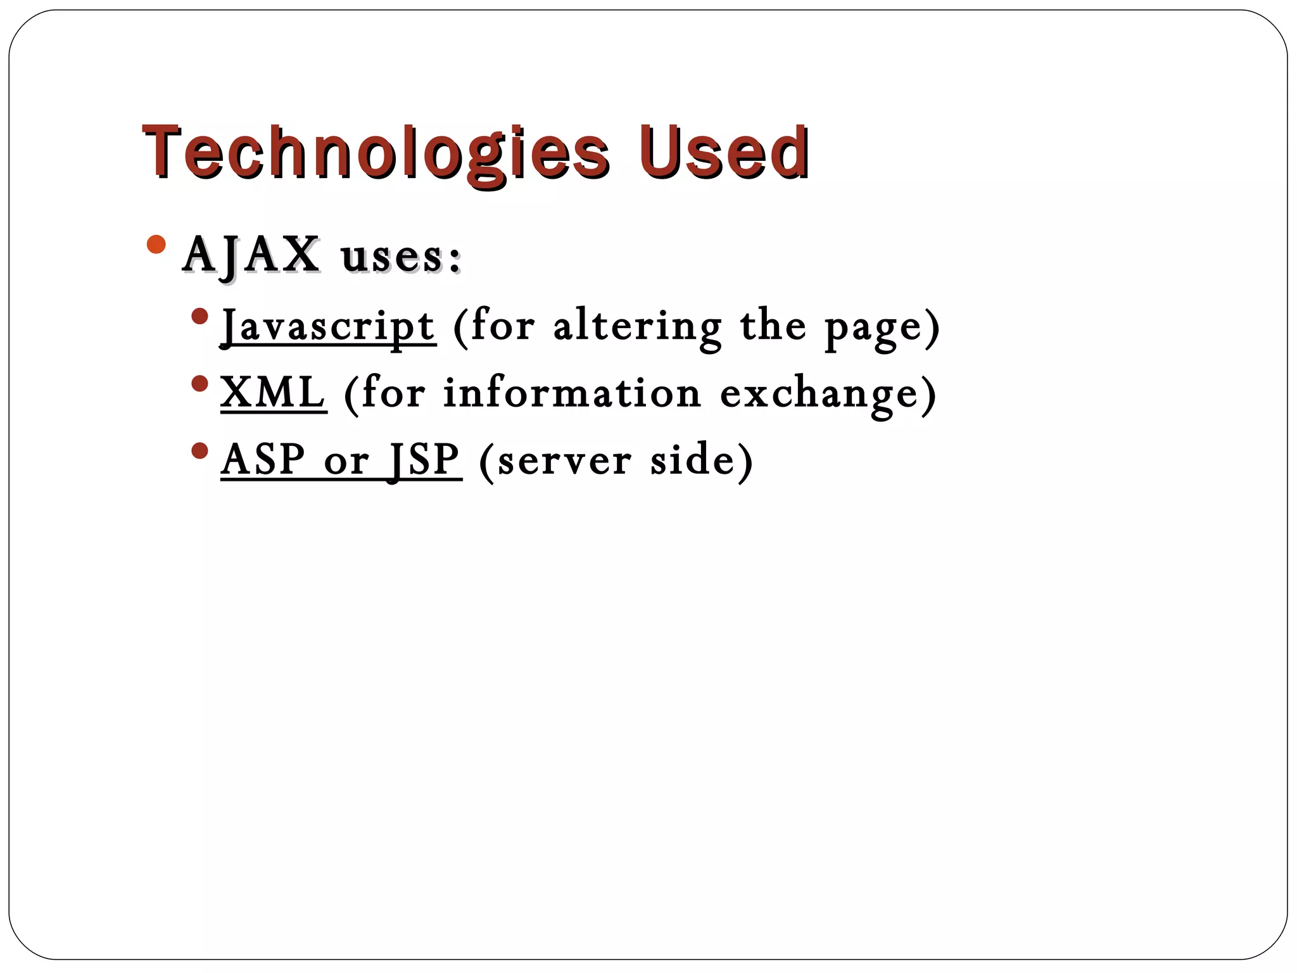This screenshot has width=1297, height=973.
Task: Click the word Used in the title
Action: [723, 152]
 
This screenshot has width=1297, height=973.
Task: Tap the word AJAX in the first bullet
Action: [251, 256]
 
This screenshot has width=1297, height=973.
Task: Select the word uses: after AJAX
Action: [401, 257]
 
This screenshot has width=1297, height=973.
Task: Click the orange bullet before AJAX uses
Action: [156, 245]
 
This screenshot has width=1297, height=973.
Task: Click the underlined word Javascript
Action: [328, 327]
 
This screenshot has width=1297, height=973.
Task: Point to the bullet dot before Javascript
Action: [199, 316]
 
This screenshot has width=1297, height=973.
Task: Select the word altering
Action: [637, 327]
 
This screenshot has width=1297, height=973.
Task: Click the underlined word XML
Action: [273, 393]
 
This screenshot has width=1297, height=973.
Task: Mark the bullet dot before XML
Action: [199, 384]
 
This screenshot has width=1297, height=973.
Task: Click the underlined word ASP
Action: [263, 460]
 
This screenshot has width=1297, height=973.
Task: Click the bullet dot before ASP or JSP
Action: [199, 451]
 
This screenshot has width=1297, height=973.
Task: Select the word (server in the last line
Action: [555, 461]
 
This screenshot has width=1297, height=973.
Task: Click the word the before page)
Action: [773, 327]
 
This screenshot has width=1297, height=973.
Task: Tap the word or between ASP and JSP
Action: [346, 462]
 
